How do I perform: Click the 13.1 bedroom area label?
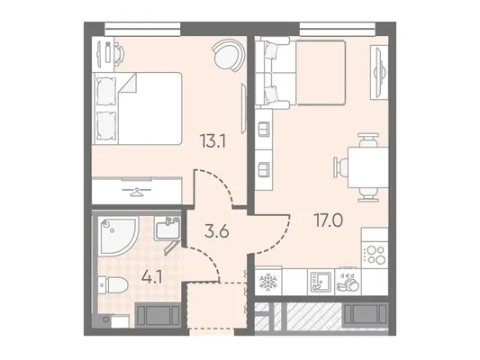click(x=213, y=141)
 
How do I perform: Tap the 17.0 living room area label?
click(x=329, y=220)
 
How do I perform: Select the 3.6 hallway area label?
click(x=217, y=231)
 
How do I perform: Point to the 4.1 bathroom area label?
click(x=152, y=279)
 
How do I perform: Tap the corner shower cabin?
click(x=118, y=235)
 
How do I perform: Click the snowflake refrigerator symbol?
click(x=268, y=282)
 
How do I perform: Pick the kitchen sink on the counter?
click(x=321, y=282)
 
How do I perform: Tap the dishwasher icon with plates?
click(x=348, y=282)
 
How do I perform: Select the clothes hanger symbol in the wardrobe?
click(x=137, y=192)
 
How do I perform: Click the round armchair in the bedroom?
click(x=229, y=56)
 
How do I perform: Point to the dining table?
click(x=368, y=167)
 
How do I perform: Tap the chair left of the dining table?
click(x=340, y=167)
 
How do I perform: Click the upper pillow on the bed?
click(x=106, y=91)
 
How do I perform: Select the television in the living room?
click(x=378, y=72)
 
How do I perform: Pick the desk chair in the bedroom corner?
click(x=120, y=52)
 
